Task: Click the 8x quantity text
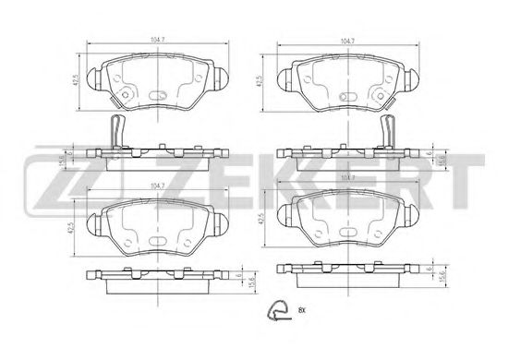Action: (x=302, y=310)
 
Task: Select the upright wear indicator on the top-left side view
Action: (x=114, y=129)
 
